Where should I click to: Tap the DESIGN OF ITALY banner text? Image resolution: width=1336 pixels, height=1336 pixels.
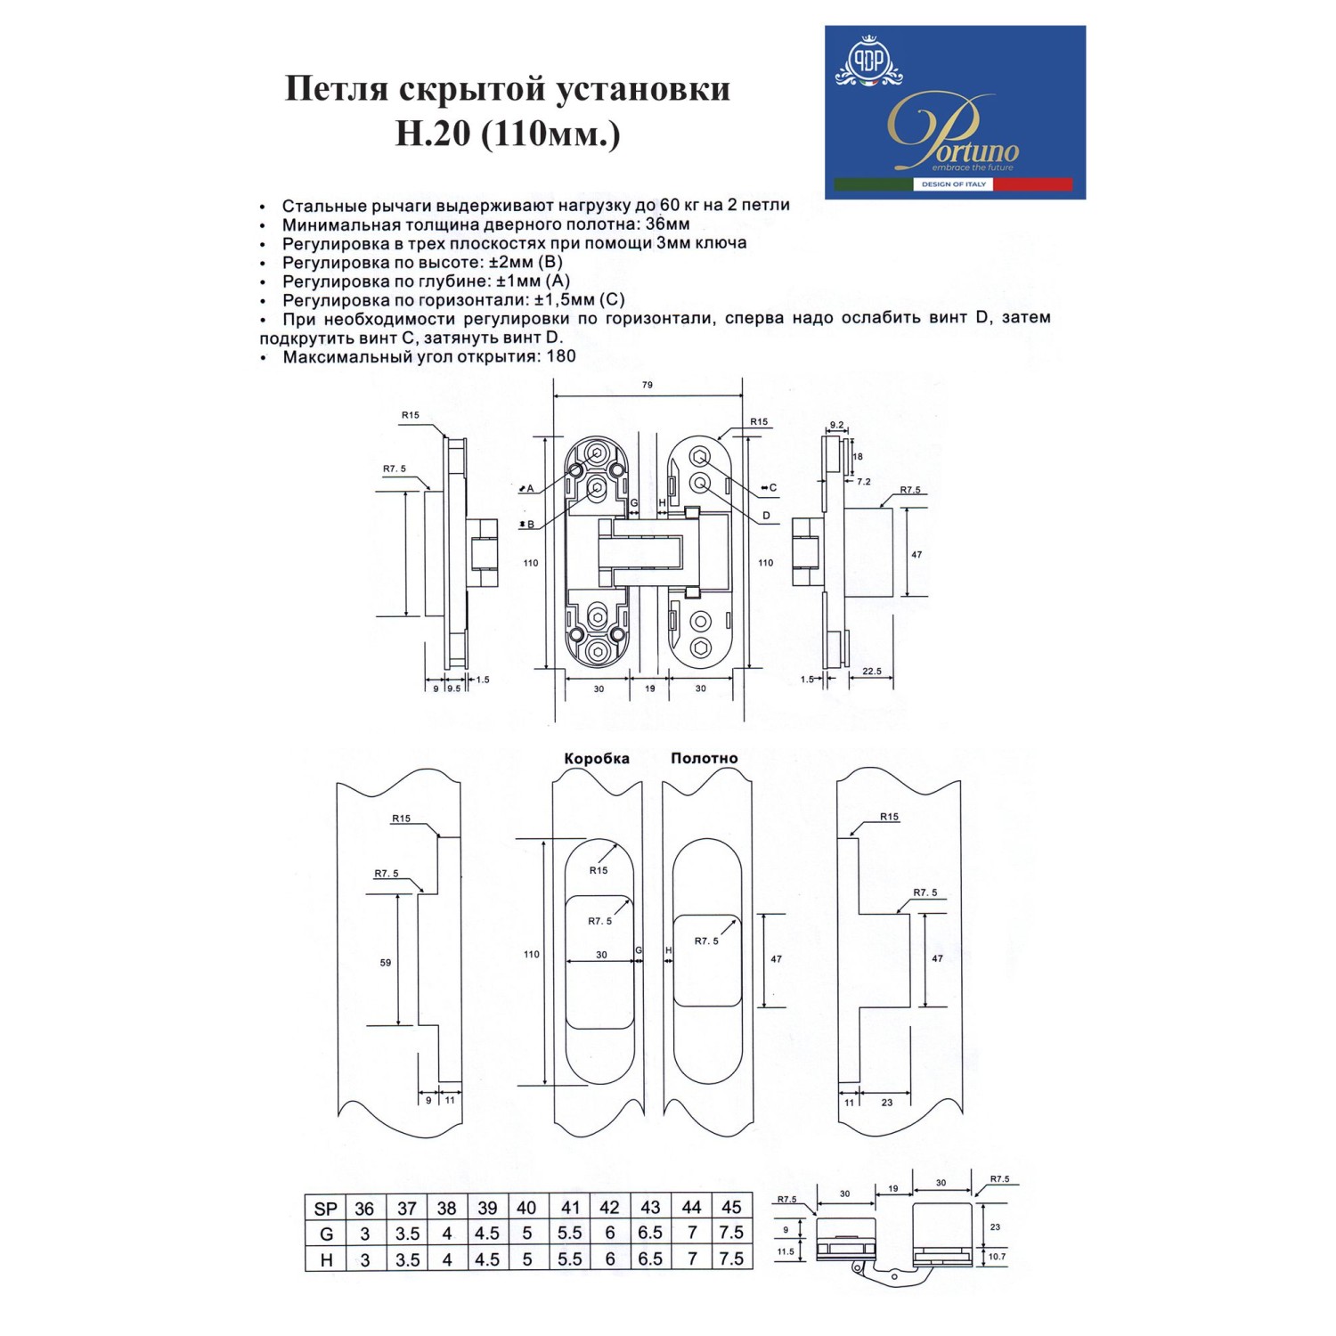[953, 184]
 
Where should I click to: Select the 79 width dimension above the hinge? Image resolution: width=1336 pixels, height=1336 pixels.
[648, 385]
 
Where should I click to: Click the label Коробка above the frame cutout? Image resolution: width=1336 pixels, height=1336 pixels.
[597, 758]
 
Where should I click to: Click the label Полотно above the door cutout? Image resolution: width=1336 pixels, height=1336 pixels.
[704, 758]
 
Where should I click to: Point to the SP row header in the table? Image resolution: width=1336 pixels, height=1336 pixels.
[326, 1209]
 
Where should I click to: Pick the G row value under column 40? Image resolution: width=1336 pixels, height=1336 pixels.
[527, 1234]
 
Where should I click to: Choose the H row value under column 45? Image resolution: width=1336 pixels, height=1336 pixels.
[731, 1259]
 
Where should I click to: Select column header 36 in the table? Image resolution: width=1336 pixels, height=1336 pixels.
[364, 1209]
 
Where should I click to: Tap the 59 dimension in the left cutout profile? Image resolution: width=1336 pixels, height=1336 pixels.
[386, 963]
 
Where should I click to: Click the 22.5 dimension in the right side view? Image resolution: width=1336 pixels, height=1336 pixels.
[872, 672]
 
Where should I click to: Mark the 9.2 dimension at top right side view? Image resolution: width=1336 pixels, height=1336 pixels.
[836, 425]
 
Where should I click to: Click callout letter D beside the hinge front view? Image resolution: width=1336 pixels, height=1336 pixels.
[766, 516]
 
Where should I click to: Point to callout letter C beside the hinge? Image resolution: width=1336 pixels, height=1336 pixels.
[772, 487]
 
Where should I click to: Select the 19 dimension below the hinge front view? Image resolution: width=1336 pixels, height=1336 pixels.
[650, 688]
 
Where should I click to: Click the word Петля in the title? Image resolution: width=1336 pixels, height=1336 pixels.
[336, 89]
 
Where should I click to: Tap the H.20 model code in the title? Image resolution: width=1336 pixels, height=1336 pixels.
[433, 134]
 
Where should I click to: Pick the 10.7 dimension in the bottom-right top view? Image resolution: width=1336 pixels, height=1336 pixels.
[997, 1257]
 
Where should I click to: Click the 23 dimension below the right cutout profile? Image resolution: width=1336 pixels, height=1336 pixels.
[887, 1103]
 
